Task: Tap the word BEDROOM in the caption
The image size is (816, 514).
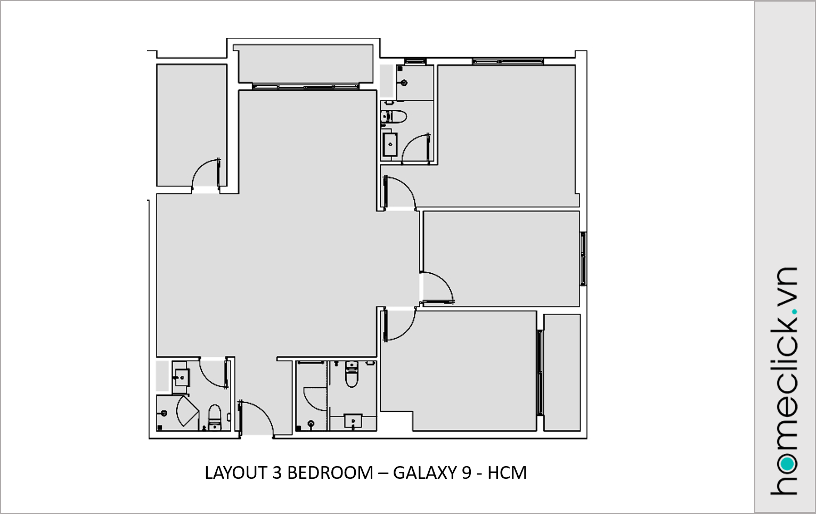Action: tap(330, 473)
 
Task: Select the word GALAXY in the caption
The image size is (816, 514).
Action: tap(425, 473)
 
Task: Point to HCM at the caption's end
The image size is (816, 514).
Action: tap(507, 473)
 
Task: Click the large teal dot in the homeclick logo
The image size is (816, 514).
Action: tap(787, 464)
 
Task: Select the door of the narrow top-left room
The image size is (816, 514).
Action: tap(206, 173)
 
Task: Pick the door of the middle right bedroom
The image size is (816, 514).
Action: tap(437, 288)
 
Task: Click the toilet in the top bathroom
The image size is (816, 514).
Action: tap(394, 117)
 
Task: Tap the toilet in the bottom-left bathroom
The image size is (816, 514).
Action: tap(215, 418)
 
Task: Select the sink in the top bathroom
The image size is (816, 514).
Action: tap(390, 144)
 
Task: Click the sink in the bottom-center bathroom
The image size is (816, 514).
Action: tap(353, 421)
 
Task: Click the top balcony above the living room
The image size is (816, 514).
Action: tap(305, 64)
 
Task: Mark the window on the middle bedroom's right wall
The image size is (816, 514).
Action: tap(583, 259)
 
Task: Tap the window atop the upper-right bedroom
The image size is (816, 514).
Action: tap(508, 61)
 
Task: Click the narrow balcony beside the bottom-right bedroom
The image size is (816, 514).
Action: tap(562, 372)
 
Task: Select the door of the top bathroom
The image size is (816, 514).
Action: tap(415, 148)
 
